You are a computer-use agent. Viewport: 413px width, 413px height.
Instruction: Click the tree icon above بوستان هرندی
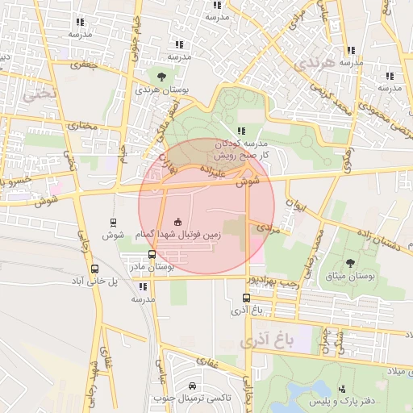pos(163,77)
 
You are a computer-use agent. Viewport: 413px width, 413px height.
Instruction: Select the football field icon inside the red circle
pos(177,222)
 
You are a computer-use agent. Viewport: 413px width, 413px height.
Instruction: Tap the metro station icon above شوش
pos(112,222)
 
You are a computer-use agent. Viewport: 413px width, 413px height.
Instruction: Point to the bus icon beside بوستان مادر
pos(152,254)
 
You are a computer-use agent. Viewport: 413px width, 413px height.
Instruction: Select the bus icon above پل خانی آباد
pos(95,269)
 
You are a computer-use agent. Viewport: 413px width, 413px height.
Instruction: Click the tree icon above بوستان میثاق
pos(350,263)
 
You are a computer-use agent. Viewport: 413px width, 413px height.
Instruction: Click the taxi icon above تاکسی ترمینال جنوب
pos(193,386)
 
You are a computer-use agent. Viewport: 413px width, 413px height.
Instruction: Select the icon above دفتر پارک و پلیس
pos(344,388)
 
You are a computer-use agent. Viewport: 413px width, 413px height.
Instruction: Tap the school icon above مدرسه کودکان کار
pos(241,131)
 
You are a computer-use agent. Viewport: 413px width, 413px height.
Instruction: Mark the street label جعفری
pos(84,64)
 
